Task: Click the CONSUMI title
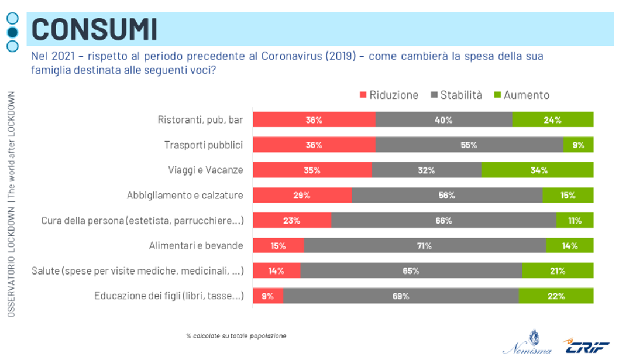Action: click(x=94, y=29)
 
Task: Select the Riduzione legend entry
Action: click(x=389, y=95)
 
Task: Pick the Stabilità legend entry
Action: click(x=456, y=95)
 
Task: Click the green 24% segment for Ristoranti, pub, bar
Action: click(x=552, y=119)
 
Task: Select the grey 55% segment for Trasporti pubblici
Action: click(x=469, y=145)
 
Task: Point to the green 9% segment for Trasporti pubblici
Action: click(x=578, y=145)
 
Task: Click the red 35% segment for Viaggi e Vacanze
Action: click(x=312, y=170)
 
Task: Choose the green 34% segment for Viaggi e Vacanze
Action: click(x=537, y=170)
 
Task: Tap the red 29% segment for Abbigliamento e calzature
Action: click(x=302, y=196)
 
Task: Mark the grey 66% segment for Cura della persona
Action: click(x=443, y=221)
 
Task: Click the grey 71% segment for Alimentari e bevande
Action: click(x=425, y=246)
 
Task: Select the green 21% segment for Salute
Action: click(x=558, y=270)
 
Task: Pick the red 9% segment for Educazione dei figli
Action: click(x=268, y=296)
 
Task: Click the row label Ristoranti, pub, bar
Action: click(x=200, y=119)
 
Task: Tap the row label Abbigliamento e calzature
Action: click(x=185, y=196)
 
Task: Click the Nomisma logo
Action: click(x=530, y=343)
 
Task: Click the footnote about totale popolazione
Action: click(x=236, y=336)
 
